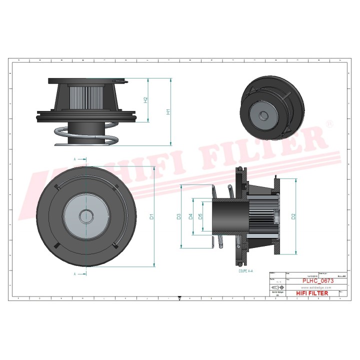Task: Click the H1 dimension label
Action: point(168,112)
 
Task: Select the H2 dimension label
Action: point(146,100)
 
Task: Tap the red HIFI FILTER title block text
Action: point(312,293)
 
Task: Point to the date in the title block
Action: point(311,275)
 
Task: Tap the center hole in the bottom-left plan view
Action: point(86,216)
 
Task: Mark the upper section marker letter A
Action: point(74,159)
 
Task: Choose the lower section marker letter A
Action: point(74,274)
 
